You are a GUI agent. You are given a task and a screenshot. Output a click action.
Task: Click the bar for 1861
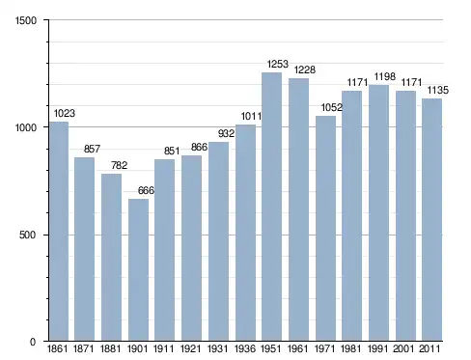point(59,232)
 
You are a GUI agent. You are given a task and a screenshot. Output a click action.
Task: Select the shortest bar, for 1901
point(138,270)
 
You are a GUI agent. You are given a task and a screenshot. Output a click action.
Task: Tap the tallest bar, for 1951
point(272,207)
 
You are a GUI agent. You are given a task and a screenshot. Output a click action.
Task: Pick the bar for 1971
point(325,229)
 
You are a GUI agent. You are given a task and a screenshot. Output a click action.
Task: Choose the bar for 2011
point(432,220)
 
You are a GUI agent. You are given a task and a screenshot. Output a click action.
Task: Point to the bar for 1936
point(245,233)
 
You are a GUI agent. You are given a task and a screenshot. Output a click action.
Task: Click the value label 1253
point(278,64)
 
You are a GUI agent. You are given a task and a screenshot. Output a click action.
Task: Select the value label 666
point(146,190)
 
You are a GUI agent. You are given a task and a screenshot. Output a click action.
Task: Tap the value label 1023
point(65,113)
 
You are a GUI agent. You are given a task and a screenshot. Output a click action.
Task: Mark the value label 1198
point(384,76)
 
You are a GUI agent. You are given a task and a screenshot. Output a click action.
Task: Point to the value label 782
point(120,165)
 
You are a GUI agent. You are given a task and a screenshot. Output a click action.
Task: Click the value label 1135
point(438,90)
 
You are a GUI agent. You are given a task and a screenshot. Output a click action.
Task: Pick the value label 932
point(226,133)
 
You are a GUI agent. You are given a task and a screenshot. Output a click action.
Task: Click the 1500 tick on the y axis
point(26,20)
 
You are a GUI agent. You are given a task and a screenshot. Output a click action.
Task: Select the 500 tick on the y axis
point(27,235)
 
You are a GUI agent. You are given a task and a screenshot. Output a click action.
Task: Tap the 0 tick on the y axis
point(33,342)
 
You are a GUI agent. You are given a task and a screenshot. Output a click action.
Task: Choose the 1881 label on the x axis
point(111,348)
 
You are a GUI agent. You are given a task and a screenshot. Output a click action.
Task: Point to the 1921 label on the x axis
point(191,348)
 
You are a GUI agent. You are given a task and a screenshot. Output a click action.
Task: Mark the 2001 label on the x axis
point(404,348)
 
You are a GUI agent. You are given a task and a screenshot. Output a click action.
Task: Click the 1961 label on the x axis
point(298,348)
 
